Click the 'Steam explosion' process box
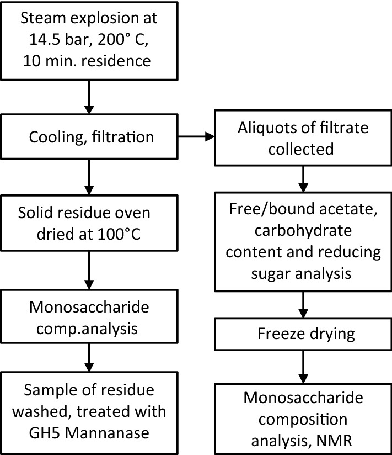(88, 41)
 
